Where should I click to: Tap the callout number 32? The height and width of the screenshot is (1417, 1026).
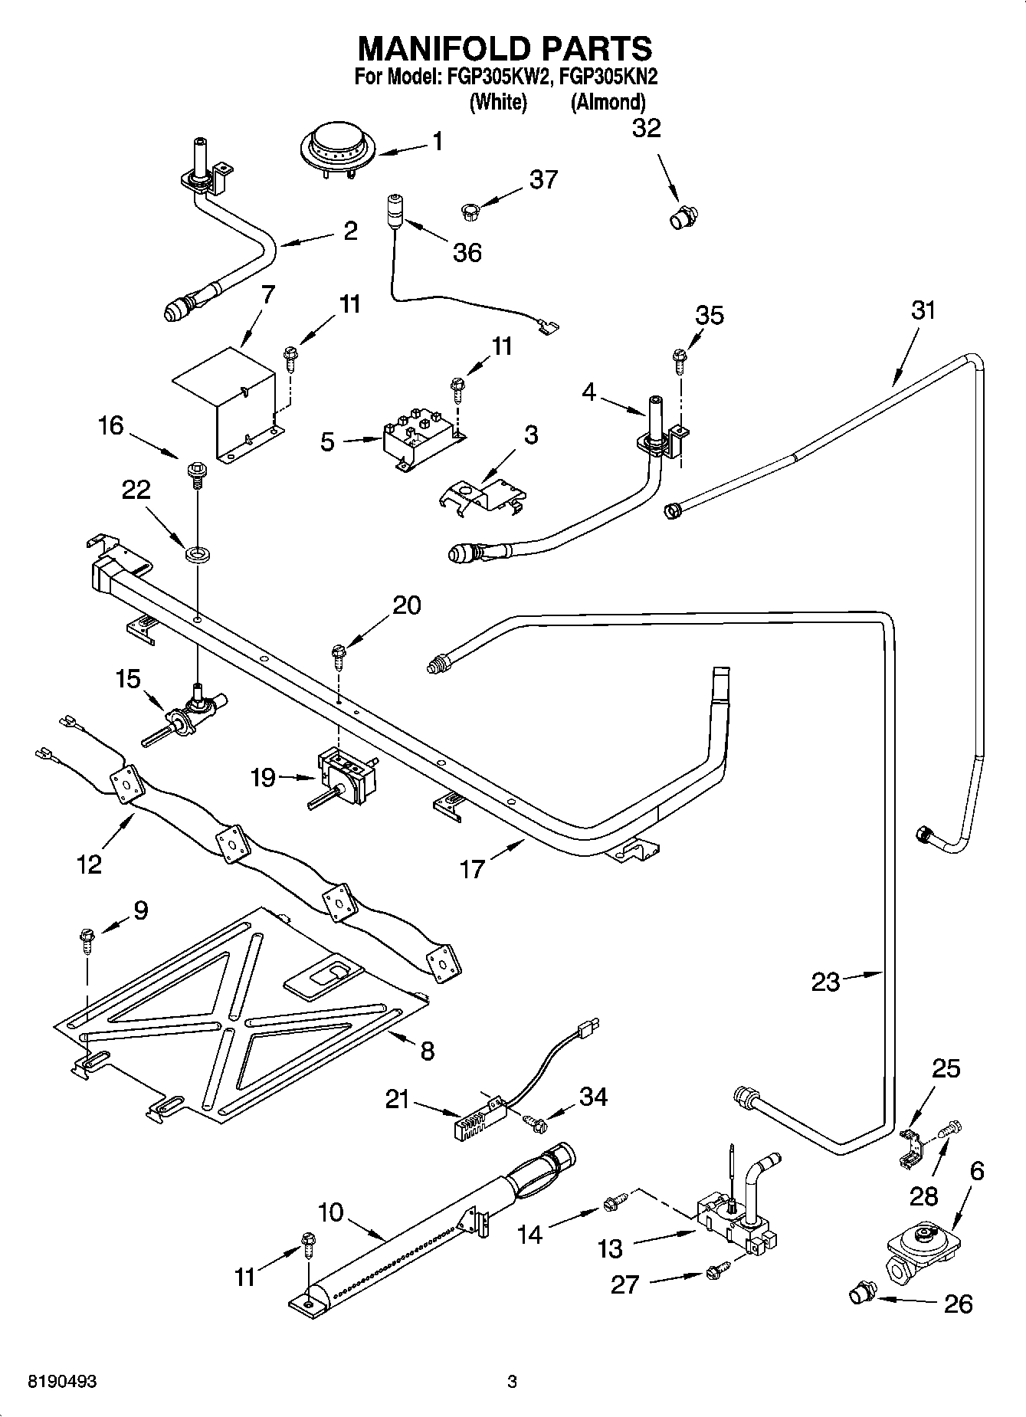646,128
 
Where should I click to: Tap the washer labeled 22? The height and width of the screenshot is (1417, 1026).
198,551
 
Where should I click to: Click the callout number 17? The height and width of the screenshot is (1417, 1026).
473,869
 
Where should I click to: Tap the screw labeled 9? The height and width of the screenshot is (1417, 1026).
86,940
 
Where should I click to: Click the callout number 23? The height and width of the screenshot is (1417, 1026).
825,982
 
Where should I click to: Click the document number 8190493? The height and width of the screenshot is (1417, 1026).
62,1382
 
